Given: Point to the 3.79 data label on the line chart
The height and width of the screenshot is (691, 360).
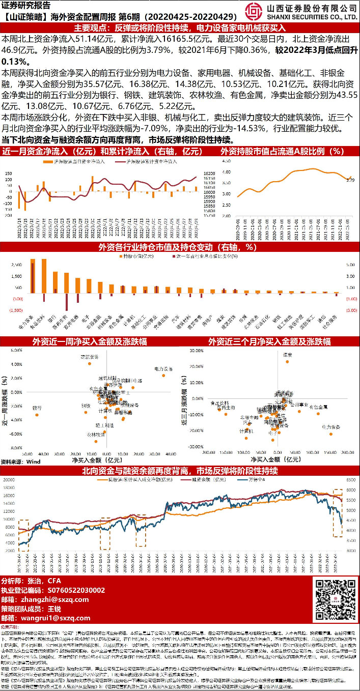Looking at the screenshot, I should tap(350, 180).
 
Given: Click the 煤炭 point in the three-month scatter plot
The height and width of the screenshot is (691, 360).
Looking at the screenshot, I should tap(287, 361).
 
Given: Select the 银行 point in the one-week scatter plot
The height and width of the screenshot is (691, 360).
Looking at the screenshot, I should tap(37, 415).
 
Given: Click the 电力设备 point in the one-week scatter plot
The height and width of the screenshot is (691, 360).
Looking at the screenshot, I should tap(164, 375).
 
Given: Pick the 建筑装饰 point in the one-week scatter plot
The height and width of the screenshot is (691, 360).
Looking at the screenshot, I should tap(90, 363).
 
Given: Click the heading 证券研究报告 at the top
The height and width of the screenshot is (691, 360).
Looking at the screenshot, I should tap(26, 5).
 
